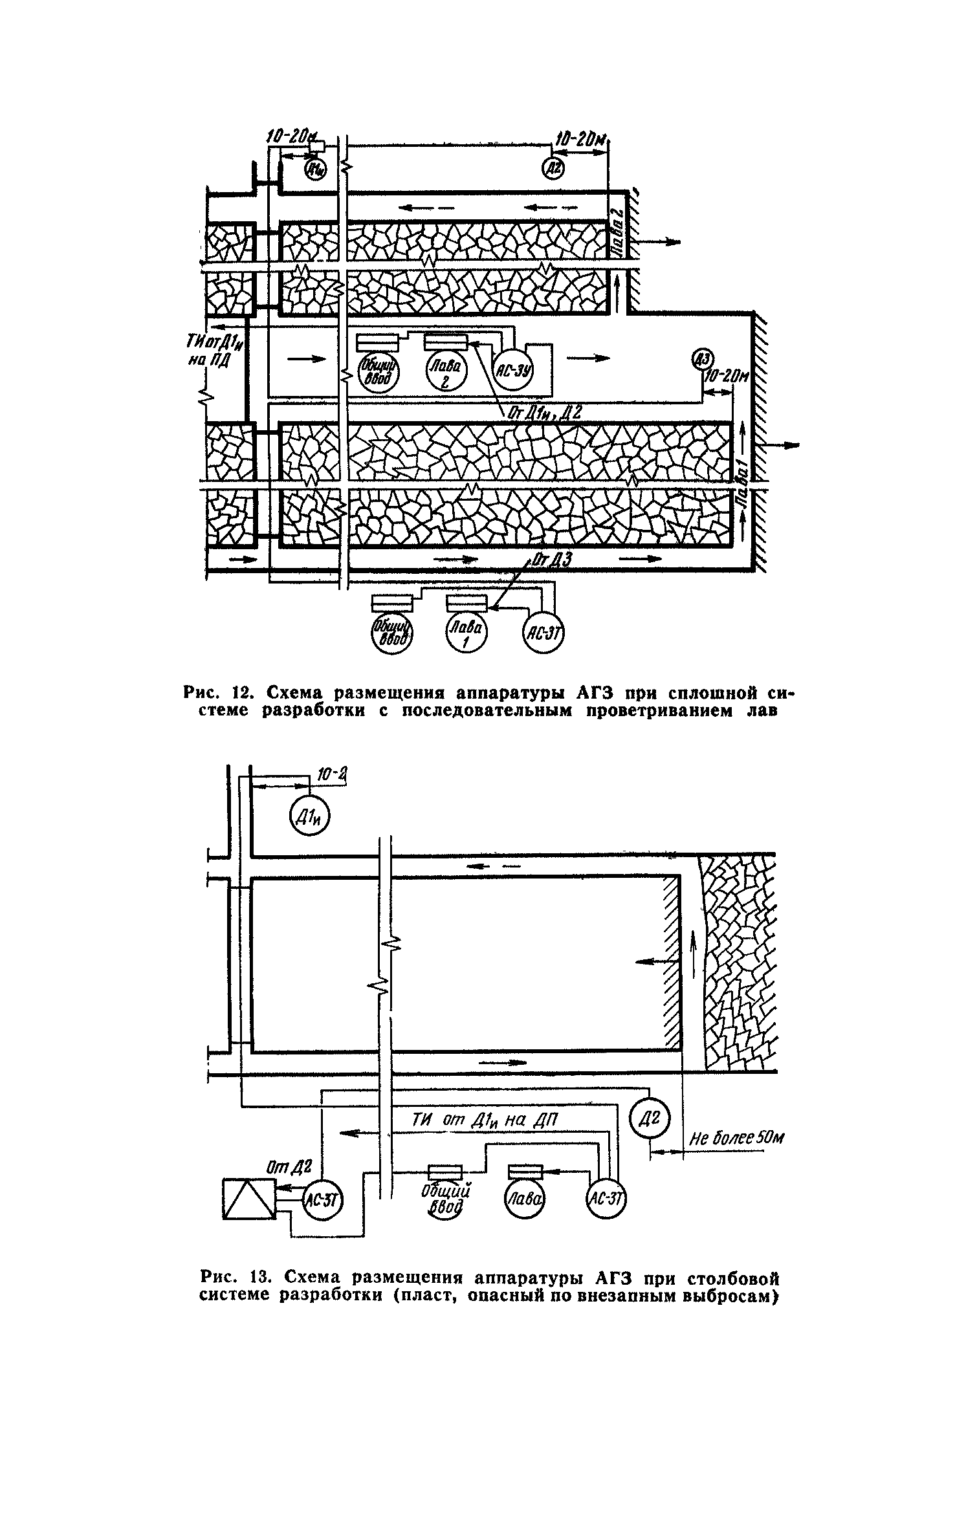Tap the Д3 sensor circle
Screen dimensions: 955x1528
702,358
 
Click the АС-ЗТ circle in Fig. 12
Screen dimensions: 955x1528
543,632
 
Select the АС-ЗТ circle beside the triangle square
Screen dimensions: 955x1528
322,1201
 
